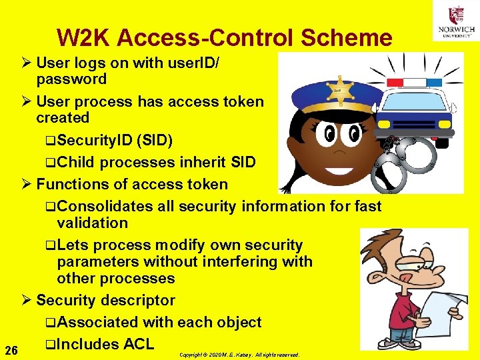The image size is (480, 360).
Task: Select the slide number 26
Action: pyautogui.click(x=11, y=350)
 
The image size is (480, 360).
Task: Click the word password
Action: pyautogui.click(x=71, y=79)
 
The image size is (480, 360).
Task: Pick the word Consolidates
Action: pyautogui.click(x=105, y=207)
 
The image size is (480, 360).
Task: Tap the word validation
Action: pyautogui.click(x=92, y=223)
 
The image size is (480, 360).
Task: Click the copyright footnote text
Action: pyautogui.click(x=239, y=355)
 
